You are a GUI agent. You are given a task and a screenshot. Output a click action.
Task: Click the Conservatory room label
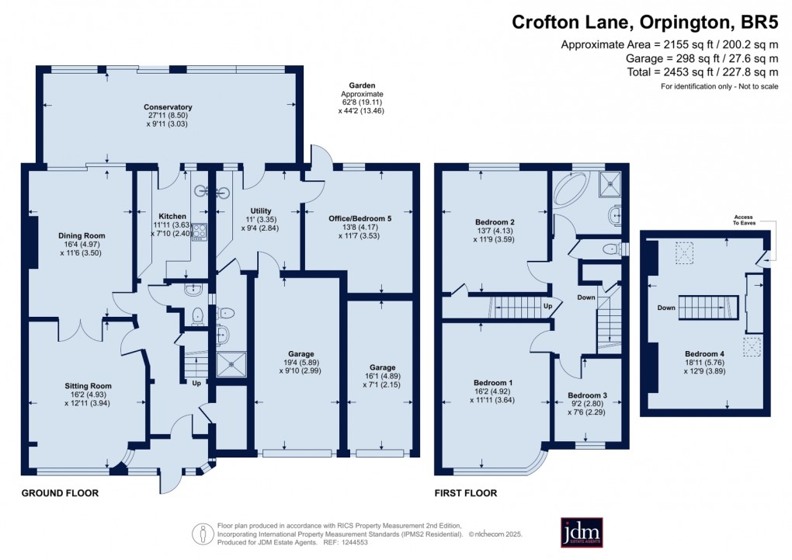pos(168,107)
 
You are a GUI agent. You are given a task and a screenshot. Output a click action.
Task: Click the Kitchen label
pos(172,216)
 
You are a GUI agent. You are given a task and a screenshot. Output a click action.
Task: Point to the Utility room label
pos(260,210)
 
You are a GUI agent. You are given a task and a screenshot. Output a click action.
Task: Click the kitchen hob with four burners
pos(199,231)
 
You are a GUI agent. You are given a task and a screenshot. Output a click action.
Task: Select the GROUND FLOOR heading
pos(60,493)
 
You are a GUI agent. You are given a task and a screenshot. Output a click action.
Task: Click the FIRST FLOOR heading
pos(465,493)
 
